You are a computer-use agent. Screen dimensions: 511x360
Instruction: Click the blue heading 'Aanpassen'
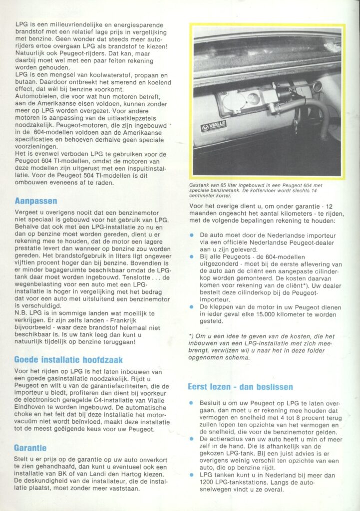pyautogui.click(x=36, y=201)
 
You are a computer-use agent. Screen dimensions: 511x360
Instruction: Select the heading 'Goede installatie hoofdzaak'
pyautogui.click(x=68, y=359)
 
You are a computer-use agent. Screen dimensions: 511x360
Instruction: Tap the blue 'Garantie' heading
pyautogui.click(x=30, y=448)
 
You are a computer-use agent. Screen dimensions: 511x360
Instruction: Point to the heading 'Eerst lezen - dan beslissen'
pyautogui.click(x=240, y=387)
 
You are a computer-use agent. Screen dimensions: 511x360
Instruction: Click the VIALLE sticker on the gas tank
pyautogui.click(x=213, y=125)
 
